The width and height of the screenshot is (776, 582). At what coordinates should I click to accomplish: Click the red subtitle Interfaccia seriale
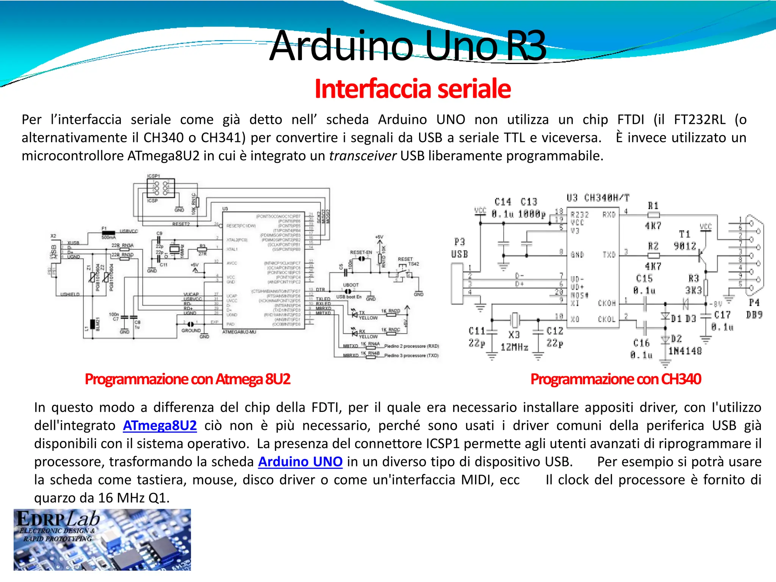tap(412, 89)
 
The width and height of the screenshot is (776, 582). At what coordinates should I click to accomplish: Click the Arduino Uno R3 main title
tap(408, 46)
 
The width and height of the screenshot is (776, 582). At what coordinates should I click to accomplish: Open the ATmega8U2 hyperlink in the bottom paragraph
tap(160, 426)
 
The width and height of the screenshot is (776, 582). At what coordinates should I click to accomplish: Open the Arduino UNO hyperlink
tap(300, 462)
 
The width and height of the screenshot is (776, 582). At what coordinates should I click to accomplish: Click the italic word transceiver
tap(362, 156)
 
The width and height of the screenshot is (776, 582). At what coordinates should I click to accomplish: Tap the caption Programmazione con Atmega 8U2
tap(188, 379)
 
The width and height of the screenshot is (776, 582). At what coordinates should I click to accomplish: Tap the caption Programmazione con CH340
tap(616, 379)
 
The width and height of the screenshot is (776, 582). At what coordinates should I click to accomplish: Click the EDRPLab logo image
tap(102, 539)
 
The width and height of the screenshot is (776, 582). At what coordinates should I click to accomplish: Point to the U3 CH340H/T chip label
tap(598, 198)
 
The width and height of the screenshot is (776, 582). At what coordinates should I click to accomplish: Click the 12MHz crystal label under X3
tap(514, 347)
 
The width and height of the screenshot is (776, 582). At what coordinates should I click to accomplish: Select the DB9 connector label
tap(754, 314)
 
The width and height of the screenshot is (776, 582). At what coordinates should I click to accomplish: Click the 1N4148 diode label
tap(685, 351)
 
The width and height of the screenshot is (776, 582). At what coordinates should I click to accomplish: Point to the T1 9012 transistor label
tap(685, 240)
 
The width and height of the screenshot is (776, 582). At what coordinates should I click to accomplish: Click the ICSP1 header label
tap(153, 176)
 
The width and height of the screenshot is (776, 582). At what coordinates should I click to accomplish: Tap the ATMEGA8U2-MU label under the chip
tap(239, 332)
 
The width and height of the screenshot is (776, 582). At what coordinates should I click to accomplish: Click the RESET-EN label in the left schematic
tap(361, 252)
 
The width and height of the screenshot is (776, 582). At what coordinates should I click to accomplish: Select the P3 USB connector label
tap(459, 248)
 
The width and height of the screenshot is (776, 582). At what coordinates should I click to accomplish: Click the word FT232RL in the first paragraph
tap(699, 120)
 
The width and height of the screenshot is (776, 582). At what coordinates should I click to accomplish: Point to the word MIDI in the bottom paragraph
tap(476, 480)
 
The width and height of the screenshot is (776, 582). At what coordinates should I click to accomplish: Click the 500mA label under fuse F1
tap(108, 238)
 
